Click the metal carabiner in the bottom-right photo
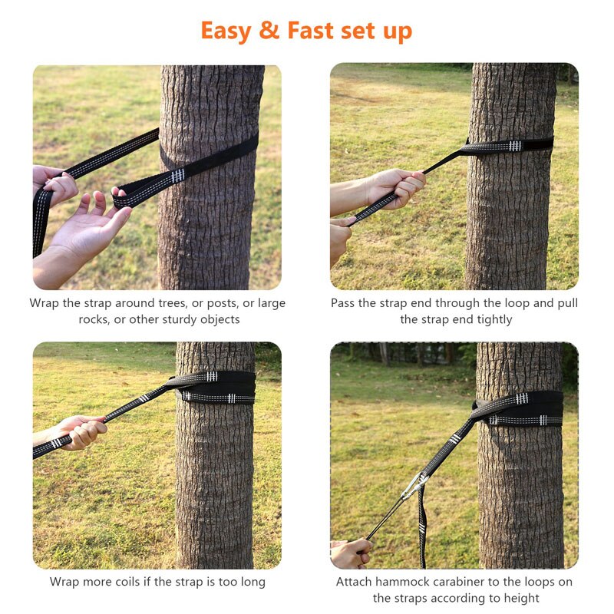tap(412, 486)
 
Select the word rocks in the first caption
tap(94, 319)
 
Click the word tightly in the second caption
tap(487, 319)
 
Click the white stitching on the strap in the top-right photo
tap(514, 146)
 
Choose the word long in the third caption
tap(251, 582)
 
